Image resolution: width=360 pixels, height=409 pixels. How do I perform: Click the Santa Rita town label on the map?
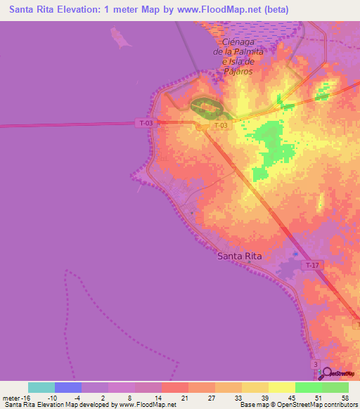click(239, 257)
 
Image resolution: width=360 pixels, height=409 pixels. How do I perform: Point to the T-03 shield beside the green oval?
click(221, 126)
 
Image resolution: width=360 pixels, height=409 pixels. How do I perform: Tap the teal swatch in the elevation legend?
click(41, 387)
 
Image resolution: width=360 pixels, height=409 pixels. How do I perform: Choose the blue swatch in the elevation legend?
click(68, 387)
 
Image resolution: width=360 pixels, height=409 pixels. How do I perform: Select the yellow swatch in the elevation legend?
click(281, 387)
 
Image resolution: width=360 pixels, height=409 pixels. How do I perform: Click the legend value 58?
click(344, 398)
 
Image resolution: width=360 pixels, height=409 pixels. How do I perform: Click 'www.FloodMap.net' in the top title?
click(224, 10)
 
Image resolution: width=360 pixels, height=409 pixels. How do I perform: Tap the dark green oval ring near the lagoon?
click(207, 108)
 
